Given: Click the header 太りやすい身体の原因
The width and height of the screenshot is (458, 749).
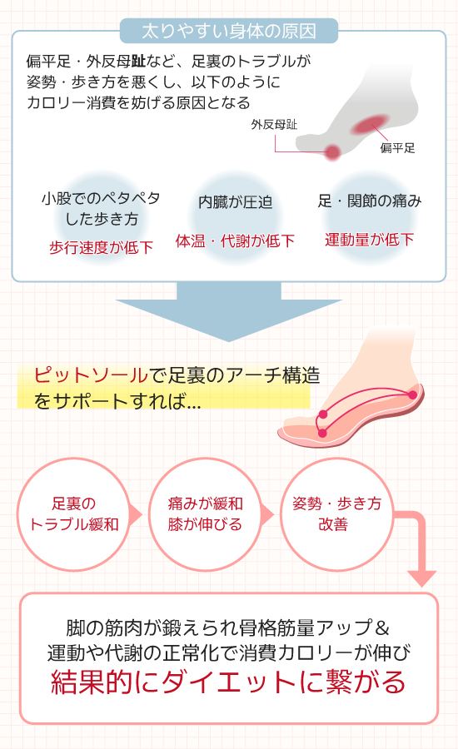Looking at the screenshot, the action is pos(229,31).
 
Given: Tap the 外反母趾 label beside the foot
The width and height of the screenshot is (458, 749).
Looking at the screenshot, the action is pos(274,125).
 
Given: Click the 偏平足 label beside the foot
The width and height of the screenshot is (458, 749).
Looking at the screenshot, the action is pos(397,148).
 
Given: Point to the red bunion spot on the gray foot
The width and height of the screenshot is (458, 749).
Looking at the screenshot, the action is pos(332,152).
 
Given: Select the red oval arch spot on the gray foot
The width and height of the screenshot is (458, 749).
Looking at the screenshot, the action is pos(370,124).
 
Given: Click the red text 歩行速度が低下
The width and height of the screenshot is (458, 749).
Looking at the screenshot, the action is pos(101,247).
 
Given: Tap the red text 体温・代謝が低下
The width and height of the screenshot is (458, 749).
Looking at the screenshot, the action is pos(235,241).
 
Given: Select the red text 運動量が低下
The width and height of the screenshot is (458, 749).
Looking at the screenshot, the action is pos(369,240).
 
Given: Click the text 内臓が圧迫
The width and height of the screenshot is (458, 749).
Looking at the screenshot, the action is pos(235,202).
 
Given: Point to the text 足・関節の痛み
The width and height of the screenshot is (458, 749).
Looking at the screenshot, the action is pos(370,201).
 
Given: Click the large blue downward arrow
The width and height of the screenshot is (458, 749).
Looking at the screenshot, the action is pos(228,311).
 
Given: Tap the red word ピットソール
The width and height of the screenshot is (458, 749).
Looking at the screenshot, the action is pos(91,375).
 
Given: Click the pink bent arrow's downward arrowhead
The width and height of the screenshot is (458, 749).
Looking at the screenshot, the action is pos(421,578).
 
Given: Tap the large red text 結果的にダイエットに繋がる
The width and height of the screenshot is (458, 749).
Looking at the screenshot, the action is pos(228,682).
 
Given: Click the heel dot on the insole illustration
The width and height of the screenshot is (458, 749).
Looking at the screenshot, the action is pos(412,394).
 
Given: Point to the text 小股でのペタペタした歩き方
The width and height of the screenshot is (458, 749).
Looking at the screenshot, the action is pos(101,208).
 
